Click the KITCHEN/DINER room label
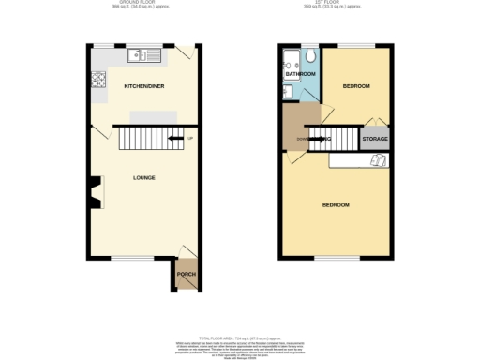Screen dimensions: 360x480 143,85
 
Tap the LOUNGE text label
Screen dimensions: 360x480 143,177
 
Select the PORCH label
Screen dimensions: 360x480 187,276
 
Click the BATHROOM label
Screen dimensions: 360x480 300,73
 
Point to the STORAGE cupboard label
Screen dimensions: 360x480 375,139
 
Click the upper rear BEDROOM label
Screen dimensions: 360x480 355,86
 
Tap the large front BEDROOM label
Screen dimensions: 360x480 336,204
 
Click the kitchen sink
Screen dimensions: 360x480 142,54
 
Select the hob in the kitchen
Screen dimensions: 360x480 97,79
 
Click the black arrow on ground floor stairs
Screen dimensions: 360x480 174,141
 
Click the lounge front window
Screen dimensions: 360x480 133,257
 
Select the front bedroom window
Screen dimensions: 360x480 335,257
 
